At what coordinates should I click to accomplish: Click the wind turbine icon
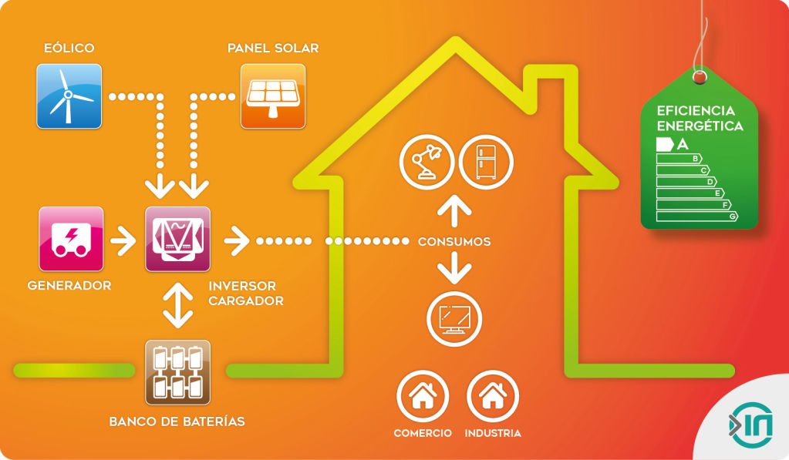[69, 96]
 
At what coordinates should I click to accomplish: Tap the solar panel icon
[273, 96]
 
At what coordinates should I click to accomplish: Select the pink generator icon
[71, 239]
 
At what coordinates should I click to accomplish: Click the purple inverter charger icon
[178, 239]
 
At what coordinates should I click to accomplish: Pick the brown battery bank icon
[177, 373]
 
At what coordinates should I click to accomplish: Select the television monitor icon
[454, 317]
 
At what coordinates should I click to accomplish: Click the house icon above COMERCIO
[423, 396]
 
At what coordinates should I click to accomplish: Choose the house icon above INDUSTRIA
[493, 396]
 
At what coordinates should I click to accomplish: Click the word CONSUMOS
[454, 242]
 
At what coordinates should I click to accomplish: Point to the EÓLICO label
[69, 49]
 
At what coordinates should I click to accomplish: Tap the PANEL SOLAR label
[273, 49]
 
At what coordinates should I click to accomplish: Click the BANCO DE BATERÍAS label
[177, 421]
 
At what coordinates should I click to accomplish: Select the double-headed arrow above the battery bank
[178, 306]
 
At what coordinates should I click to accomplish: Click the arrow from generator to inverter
[123, 240]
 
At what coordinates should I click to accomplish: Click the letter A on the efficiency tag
[682, 144]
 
